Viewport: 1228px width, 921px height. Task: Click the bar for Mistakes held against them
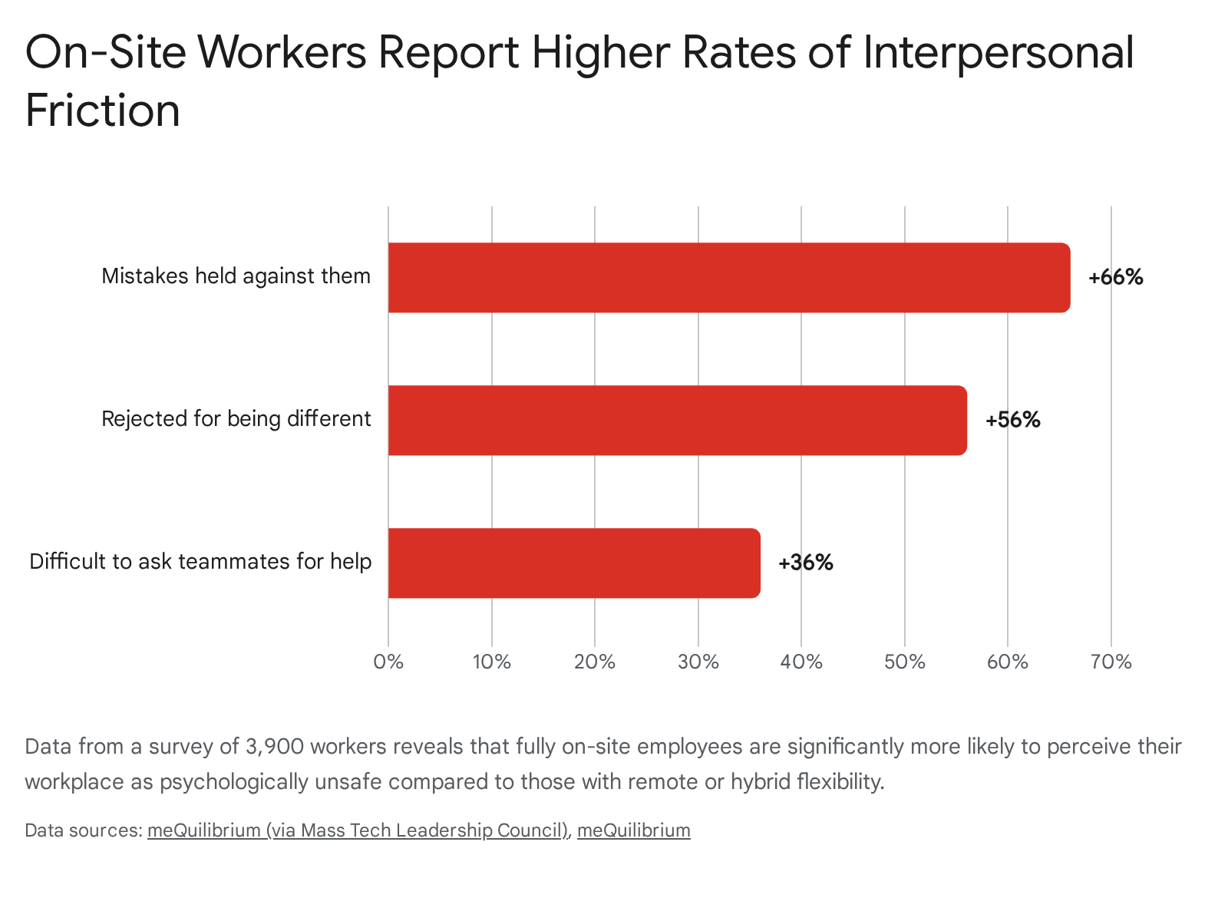[729, 277]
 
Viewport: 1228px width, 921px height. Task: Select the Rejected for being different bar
[678, 420]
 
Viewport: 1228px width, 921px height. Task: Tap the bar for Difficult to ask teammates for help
[574, 563]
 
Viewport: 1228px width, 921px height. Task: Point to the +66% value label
[1115, 277]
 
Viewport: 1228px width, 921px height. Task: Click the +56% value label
[1012, 420]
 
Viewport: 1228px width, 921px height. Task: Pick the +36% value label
[806, 563]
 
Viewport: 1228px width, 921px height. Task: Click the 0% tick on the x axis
[388, 662]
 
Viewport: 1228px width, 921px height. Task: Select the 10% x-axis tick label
[492, 662]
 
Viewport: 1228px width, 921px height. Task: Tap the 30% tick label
[698, 662]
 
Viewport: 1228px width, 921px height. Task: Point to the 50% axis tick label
[905, 662]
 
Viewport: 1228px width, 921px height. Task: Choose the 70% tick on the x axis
[1111, 662]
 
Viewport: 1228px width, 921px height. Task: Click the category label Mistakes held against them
[236, 276]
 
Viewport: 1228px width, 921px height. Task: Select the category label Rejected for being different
[236, 419]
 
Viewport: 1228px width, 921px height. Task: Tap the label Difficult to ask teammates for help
[200, 562]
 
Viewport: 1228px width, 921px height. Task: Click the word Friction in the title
[102, 110]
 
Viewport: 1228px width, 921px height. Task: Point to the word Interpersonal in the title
[998, 54]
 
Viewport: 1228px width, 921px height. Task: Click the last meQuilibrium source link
[634, 831]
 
